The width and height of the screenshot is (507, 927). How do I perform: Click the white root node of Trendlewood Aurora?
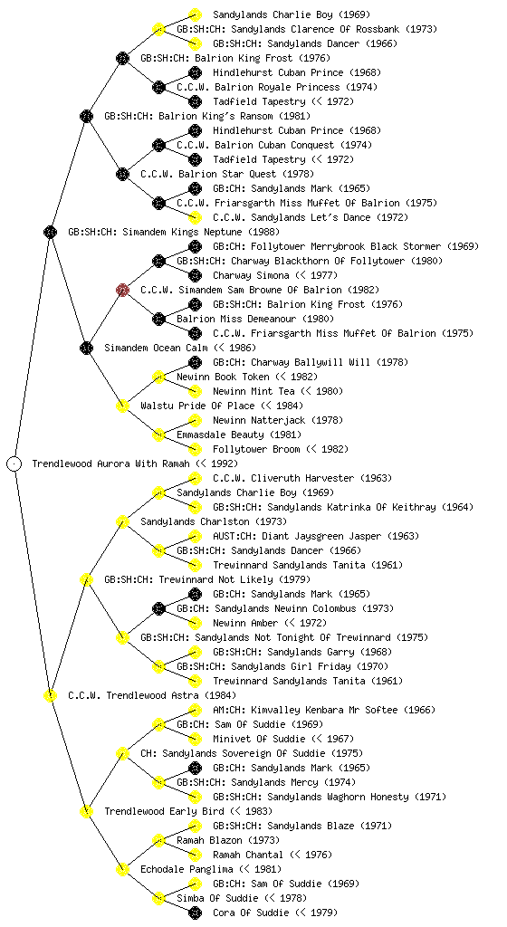(14, 463)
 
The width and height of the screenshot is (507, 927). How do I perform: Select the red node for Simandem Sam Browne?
(122, 290)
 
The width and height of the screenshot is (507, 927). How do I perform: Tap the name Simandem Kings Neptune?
(156, 232)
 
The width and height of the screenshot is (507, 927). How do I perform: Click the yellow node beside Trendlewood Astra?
(50, 695)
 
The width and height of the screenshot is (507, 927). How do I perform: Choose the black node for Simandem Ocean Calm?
(86, 348)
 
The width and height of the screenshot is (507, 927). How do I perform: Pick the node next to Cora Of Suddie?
(195, 913)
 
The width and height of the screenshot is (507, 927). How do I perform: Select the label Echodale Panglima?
(187, 869)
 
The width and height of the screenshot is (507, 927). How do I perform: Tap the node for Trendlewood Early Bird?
(86, 811)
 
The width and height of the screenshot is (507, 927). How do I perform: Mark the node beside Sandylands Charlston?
(122, 521)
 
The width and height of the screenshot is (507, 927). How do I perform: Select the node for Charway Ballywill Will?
(195, 362)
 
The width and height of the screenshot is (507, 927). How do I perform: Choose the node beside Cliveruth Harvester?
(195, 478)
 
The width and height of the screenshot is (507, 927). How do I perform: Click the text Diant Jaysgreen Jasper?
(316, 536)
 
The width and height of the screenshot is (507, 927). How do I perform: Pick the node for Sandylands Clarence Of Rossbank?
(158, 29)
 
